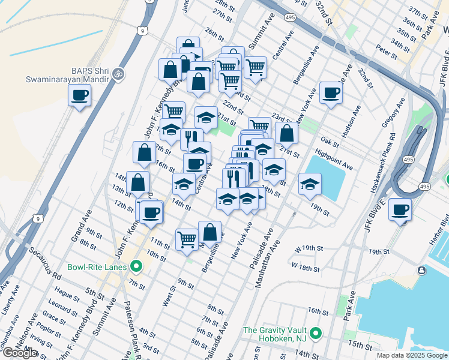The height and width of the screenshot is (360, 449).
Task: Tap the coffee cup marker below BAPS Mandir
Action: coord(80,95)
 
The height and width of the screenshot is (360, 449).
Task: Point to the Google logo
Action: coord(20,353)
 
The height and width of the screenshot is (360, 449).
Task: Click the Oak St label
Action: coord(330,142)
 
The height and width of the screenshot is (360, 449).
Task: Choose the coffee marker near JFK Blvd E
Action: coord(400,210)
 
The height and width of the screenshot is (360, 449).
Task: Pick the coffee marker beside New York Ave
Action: coord(331,93)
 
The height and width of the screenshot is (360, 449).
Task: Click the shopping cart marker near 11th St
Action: coord(187,239)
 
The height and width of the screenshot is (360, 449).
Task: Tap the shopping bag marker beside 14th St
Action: coord(138,182)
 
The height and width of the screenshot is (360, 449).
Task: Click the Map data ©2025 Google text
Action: coord(411,355)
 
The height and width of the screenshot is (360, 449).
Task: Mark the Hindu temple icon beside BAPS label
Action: coord(119,73)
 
